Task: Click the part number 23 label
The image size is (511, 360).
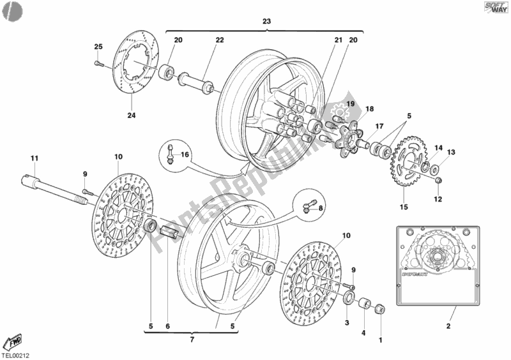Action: coord(266,22)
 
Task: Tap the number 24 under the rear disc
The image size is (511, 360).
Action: coord(132,116)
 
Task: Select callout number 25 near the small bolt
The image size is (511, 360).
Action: coord(98,47)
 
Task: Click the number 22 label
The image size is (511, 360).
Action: coord(219,40)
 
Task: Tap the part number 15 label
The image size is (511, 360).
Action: coord(402,206)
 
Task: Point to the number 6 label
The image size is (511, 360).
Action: coord(168,327)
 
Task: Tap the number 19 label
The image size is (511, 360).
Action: coord(350,103)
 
